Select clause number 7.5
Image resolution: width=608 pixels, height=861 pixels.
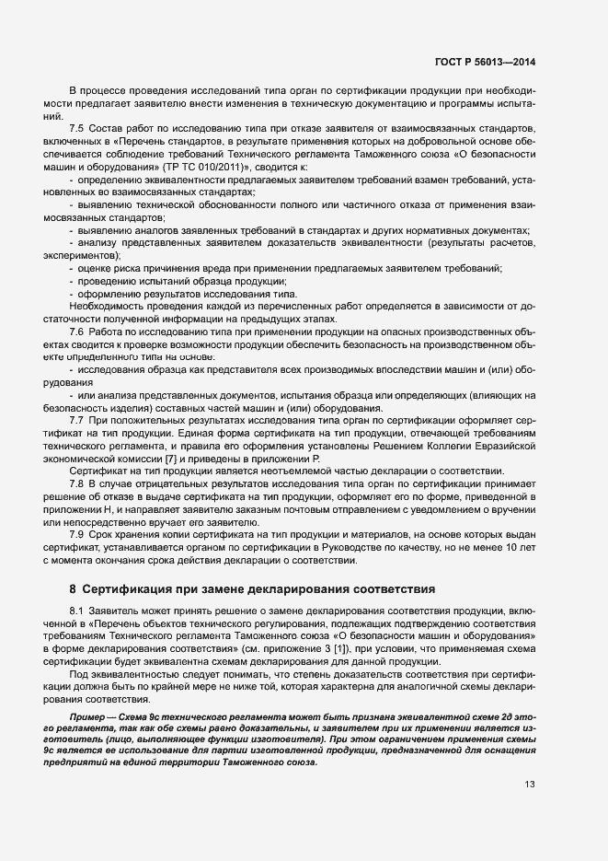(77, 127)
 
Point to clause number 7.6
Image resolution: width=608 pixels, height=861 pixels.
(77, 332)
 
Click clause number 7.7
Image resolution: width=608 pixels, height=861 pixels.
(77, 420)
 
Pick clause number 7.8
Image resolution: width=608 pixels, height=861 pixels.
(77, 483)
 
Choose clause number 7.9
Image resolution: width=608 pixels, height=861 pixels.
(77, 535)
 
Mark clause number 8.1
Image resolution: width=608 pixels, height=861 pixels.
(77, 611)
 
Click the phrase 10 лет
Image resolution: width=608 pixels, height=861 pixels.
(521, 548)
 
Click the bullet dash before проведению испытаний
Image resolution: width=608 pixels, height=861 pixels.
(72, 280)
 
